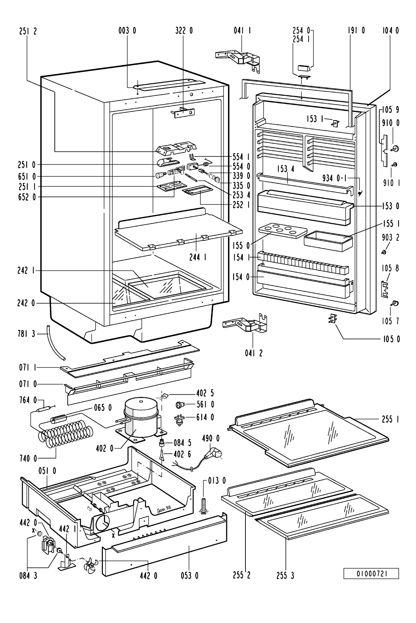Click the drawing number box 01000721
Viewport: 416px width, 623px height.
371,574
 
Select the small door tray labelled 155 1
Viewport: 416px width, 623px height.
328,241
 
